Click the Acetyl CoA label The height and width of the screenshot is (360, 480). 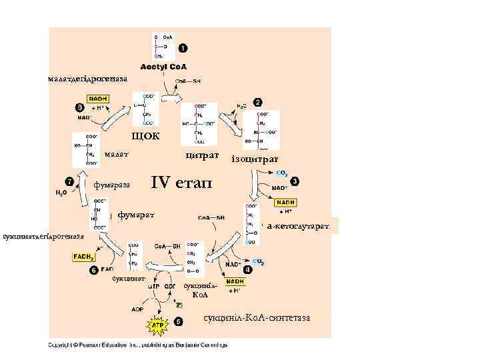tap(163, 67)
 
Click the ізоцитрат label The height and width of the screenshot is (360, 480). tap(255, 159)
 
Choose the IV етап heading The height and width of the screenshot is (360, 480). tap(181, 182)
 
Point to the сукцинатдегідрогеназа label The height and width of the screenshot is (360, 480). tap(43, 236)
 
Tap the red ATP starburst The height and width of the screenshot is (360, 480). tap(158, 326)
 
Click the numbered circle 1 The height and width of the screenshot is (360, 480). tap(183, 48)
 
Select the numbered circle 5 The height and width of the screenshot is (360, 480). tap(178, 321)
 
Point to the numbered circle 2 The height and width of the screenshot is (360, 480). tap(257, 102)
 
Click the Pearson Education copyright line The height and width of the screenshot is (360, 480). tap(137, 345)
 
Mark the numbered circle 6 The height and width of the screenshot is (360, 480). tap(93, 270)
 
